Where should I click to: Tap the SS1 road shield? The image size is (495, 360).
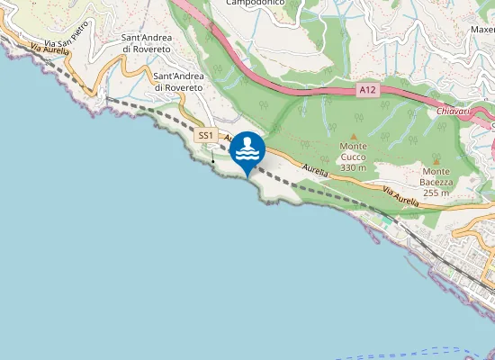pyautogui.click(x=206, y=135)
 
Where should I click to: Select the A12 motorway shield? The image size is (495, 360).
pyautogui.click(x=366, y=90)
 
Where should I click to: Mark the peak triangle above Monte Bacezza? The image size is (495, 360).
pyautogui.click(x=436, y=161)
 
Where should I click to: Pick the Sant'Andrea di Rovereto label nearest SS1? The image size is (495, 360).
pyautogui.click(x=179, y=82)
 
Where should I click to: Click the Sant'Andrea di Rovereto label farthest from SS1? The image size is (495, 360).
pyautogui.click(x=147, y=43)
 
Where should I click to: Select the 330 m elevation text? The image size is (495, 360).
pyautogui.click(x=354, y=167)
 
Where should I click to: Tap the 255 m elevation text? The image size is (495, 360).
pyautogui.click(x=436, y=193)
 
